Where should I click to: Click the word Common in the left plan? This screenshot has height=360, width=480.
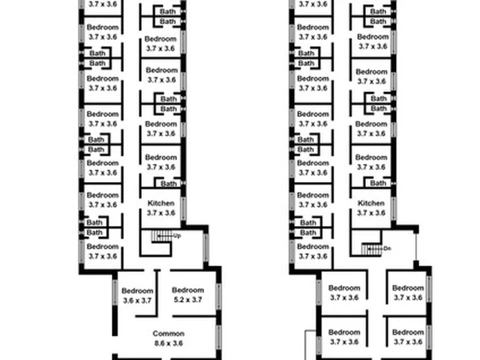[169, 333]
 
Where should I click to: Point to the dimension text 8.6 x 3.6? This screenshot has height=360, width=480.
[169, 343]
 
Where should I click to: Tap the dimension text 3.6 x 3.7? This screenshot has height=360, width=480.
[137, 301]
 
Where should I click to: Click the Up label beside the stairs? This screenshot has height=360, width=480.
[177, 236]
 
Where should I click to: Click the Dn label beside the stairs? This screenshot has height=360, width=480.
[387, 249]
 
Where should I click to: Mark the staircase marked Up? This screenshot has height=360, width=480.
[161, 236]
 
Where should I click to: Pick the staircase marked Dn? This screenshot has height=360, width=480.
[372, 249]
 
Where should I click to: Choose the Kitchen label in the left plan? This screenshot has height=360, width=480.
[161, 203]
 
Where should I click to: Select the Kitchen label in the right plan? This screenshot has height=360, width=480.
[371, 203]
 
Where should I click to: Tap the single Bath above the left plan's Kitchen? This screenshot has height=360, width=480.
[169, 184]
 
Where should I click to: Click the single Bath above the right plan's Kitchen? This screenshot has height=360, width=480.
[378, 183]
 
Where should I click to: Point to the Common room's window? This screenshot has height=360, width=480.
[219, 337]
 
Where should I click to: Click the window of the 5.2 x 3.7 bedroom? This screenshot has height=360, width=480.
[219, 297]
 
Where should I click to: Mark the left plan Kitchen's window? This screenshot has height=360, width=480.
[183, 209]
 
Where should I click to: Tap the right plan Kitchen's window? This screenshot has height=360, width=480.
[394, 209]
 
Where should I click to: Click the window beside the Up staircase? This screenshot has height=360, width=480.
[206, 247]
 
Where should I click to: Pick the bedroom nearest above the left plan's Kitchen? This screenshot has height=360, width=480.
[161, 162]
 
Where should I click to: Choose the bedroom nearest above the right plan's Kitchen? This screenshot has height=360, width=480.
[371, 162]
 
